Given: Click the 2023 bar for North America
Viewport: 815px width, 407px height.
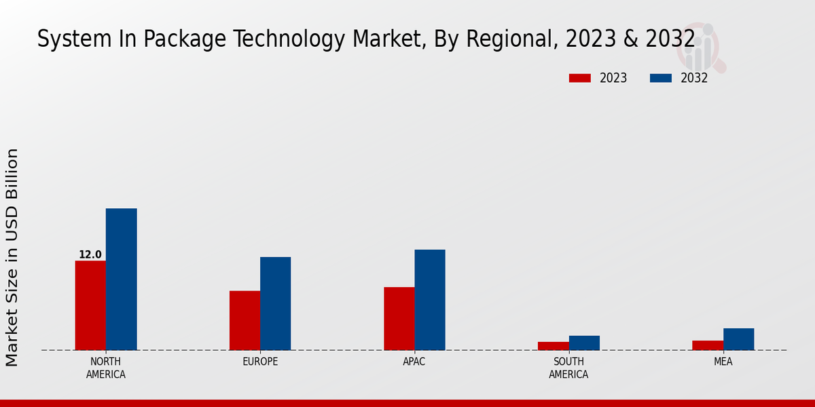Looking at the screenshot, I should pos(90,305).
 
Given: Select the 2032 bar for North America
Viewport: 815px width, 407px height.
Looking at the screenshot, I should pos(121,279).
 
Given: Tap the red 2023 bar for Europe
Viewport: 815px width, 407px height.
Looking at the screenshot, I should pos(244,320).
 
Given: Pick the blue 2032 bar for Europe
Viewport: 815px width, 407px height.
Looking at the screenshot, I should pos(275,303).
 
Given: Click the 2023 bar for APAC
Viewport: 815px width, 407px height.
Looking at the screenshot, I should pos(399,318).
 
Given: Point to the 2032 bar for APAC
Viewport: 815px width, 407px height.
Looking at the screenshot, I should pos(430,300).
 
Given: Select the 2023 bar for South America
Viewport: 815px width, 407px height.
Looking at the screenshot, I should pos(553,346).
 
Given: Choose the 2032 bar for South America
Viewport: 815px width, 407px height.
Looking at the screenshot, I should pos(584,343).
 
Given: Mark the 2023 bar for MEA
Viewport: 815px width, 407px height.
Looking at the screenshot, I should pos(708,345).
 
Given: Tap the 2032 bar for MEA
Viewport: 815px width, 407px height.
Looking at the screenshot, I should pos(738,339).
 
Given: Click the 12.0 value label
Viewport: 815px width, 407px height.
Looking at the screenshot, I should pos(90,255).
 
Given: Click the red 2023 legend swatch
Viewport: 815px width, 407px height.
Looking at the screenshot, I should pos(579,78).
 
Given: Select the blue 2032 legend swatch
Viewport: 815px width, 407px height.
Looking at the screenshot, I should pos(660,78).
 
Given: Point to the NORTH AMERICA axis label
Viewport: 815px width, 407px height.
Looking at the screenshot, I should pos(106,368).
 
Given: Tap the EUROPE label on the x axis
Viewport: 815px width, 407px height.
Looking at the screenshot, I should pos(260,362).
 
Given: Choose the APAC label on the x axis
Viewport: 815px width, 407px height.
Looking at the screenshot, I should pos(414,362).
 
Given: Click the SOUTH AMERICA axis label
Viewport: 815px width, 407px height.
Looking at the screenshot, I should pos(568,368).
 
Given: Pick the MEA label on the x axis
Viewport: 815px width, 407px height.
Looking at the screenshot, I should pos(723,362).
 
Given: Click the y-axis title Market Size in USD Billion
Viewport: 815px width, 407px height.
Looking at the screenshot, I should pos(12,258).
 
